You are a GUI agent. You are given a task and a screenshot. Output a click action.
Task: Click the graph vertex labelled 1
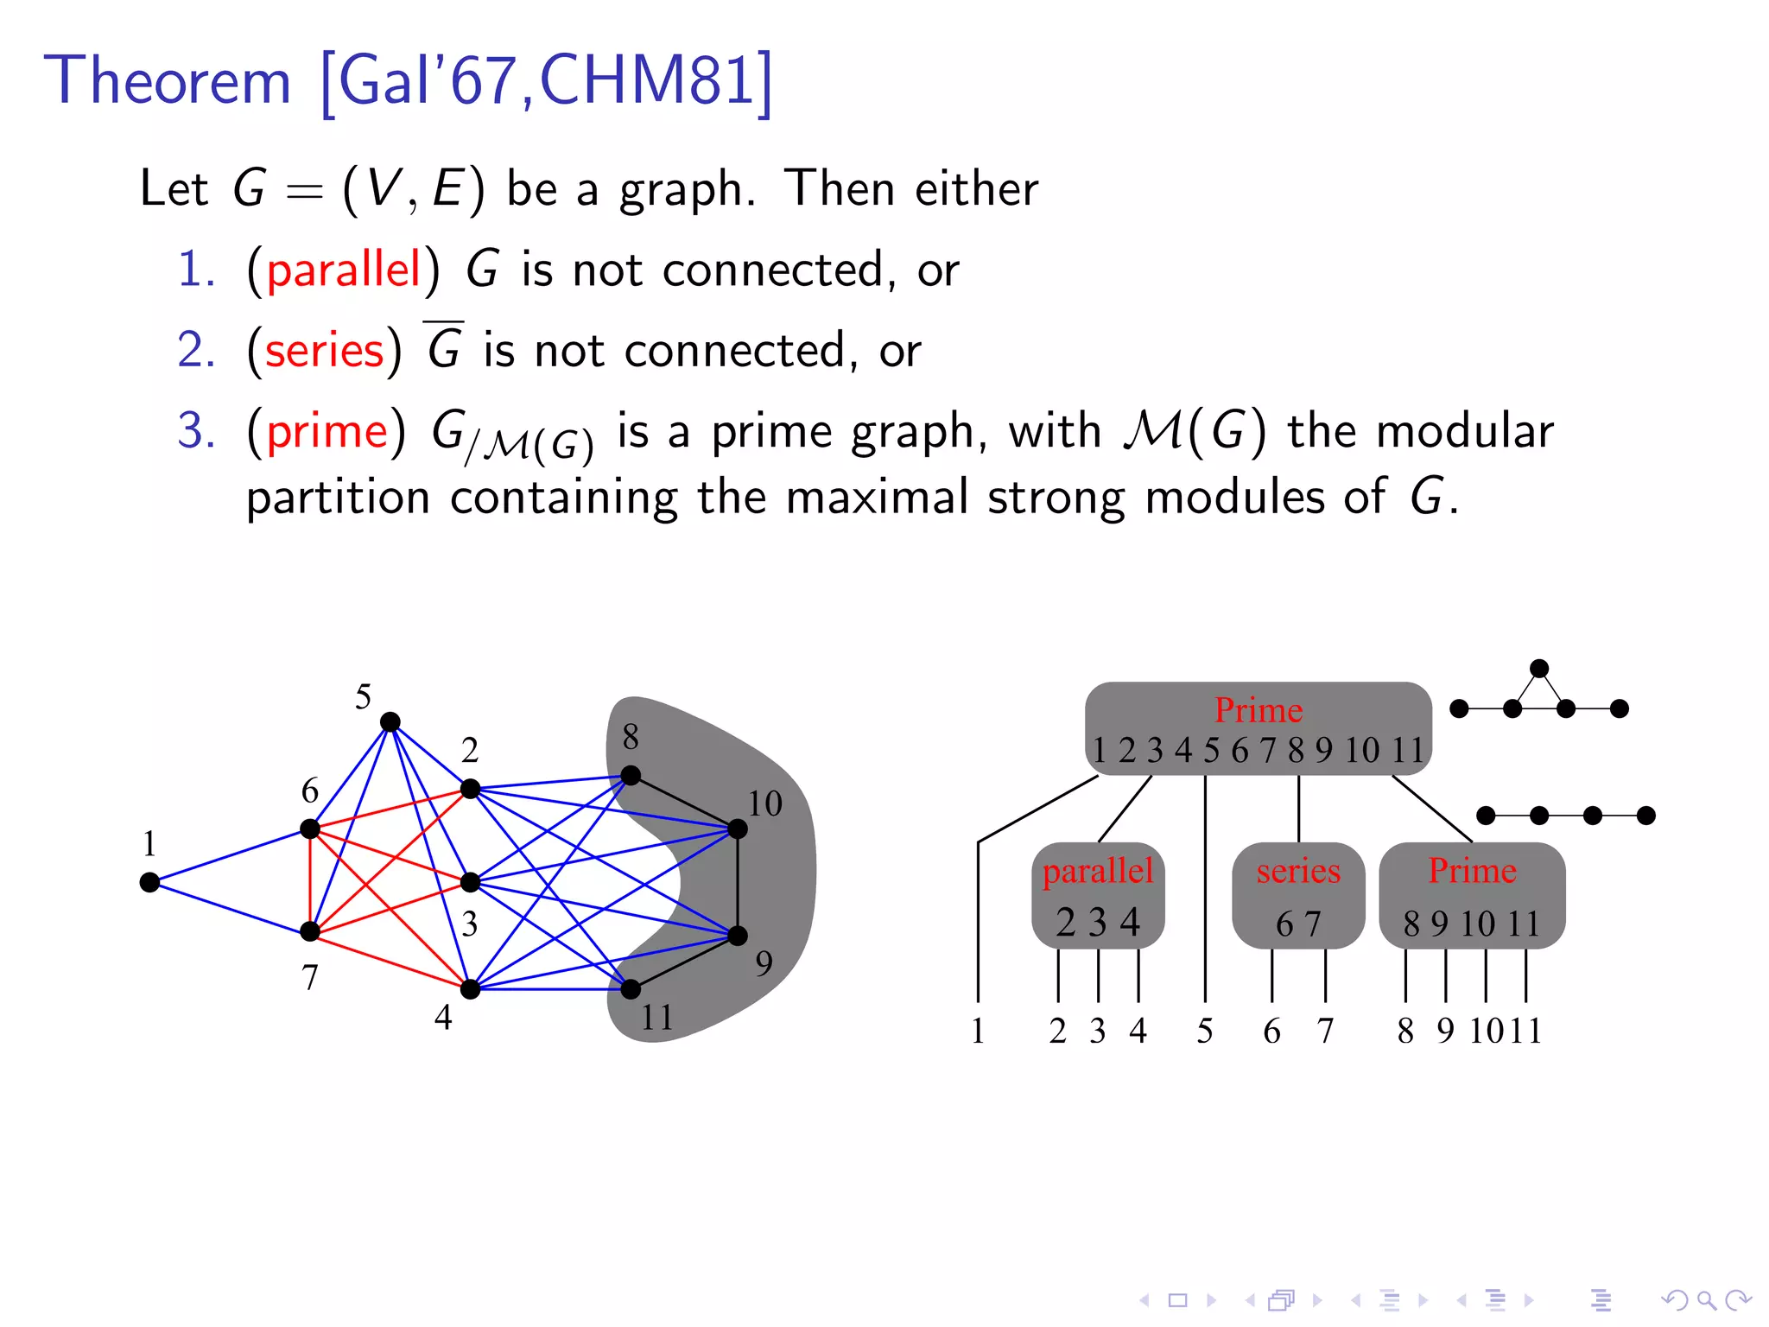point(149,882)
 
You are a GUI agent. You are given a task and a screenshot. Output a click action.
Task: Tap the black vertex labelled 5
point(390,721)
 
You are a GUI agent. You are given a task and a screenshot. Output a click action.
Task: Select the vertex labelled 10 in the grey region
point(738,829)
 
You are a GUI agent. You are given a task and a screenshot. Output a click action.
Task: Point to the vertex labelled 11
point(631,988)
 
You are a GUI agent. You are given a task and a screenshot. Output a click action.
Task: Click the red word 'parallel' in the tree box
point(1098,871)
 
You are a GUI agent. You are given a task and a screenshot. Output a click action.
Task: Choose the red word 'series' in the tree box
point(1298,871)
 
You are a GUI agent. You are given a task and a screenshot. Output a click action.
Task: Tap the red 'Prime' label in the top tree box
point(1259,710)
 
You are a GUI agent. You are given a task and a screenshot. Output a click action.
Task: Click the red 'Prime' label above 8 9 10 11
point(1472,870)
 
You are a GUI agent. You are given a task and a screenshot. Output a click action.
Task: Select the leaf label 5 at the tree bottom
point(1205,1031)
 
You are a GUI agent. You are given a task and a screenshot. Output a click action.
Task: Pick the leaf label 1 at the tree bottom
point(978,1031)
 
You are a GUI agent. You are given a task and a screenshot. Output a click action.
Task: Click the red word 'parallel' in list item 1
point(344,270)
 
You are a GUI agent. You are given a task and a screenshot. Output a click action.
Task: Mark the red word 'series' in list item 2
point(325,351)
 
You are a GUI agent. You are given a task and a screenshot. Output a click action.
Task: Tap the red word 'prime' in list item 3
point(327,431)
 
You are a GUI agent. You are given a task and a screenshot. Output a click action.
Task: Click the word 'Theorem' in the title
point(168,80)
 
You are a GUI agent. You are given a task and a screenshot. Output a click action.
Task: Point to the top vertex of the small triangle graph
point(1539,668)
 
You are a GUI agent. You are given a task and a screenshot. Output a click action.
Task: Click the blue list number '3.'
point(196,430)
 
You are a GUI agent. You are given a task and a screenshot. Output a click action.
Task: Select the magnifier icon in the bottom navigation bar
point(1705,1299)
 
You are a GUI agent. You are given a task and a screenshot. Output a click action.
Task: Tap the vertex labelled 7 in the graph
point(310,931)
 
